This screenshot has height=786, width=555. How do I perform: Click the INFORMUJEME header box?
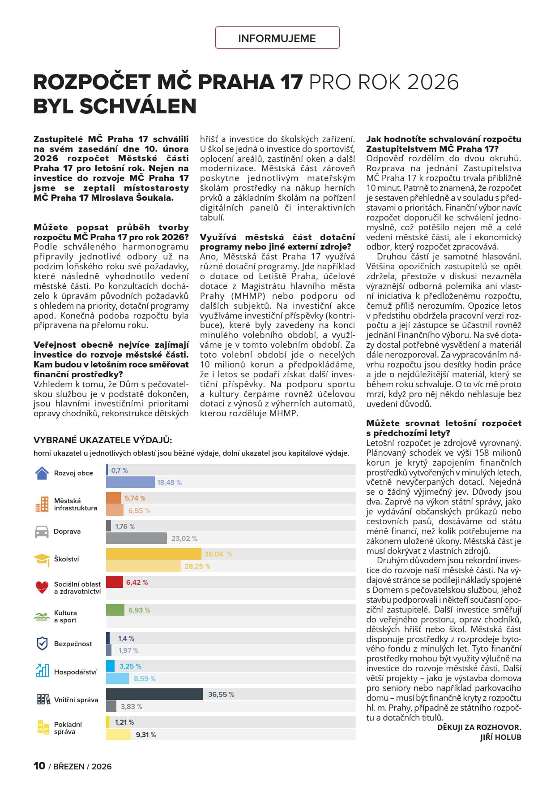pyautogui.click(x=277, y=38)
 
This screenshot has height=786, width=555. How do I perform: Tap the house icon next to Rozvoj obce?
pyautogui.click(x=42, y=473)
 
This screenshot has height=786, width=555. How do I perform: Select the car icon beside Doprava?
pyautogui.click(x=42, y=531)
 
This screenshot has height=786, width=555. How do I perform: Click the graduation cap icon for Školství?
pyautogui.click(x=42, y=559)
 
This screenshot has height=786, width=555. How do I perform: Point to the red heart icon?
pyautogui.click(x=42, y=587)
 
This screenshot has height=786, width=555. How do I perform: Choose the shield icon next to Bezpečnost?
pyautogui.click(x=42, y=643)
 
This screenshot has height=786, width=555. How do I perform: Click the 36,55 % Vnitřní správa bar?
pyautogui.click(x=154, y=694)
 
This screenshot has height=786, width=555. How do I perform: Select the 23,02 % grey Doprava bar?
pyautogui.click(x=136, y=538)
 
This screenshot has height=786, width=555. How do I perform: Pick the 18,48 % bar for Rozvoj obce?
pyautogui.click(x=130, y=482)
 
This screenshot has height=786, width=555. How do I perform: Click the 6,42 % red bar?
pyautogui.click(x=114, y=582)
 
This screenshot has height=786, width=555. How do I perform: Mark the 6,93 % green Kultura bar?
pyautogui.click(x=115, y=610)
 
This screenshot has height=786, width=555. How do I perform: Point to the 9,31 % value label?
pyautogui.click(x=146, y=735)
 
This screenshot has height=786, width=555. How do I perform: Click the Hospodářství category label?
pyautogui.click(x=75, y=672)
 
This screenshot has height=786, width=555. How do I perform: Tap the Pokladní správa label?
pyautogui.click(x=68, y=728)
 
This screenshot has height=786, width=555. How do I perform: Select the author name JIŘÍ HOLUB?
pyautogui.click(x=500, y=737)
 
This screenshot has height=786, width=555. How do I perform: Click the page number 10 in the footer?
pyautogui.click(x=39, y=766)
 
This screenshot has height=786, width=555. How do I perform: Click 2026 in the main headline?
pyautogui.click(x=433, y=82)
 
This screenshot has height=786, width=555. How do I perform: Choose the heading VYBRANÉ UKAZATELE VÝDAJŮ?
pyautogui.click(x=102, y=440)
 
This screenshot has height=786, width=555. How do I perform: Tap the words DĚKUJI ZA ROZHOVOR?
pyautogui.click(x=479, y=727)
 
